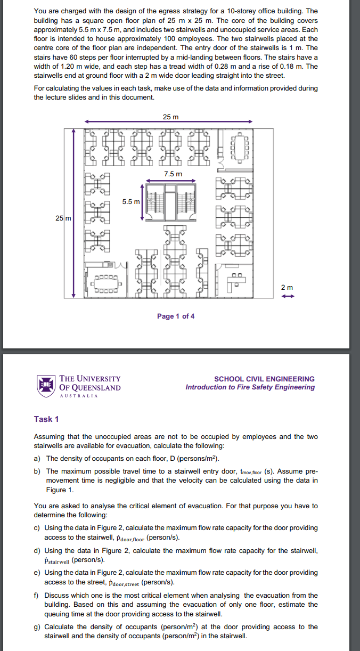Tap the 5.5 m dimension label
(x=130, y=202)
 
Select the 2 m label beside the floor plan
(x=287, y=288)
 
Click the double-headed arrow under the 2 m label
(x=287, y=297)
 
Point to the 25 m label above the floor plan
(x=171, y=117)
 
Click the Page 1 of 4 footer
(x=176, y=316)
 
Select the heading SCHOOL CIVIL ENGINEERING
(x=264, y=379)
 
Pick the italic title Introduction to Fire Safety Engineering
(x=250, y=387)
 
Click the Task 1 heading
(x=46, y=419)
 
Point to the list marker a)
(x=37, y=459)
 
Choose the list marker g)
(x=37, y=627)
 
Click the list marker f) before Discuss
(x=37, y=596)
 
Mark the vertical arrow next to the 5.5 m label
(x=142, y=202)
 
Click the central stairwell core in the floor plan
(x=170, y=202)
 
